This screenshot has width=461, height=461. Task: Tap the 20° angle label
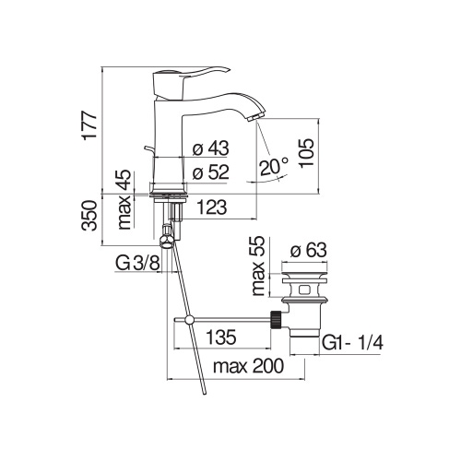(x=274, y=166)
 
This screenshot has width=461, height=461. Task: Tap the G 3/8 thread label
(x=135, y=266)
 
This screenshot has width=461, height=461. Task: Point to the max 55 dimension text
(x=257, y=266)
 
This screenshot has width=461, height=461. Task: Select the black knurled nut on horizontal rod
(x=274, y=320)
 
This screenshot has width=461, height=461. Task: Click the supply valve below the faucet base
(x=167, y=242)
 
